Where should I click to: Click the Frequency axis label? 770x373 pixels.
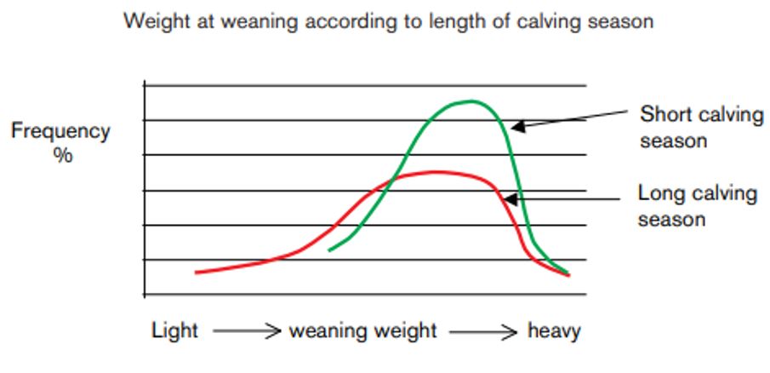point(60,132)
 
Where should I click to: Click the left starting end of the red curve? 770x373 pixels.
point(197,273)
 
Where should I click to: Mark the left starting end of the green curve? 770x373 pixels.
point(330,250)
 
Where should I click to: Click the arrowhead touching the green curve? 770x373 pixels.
point(516,127)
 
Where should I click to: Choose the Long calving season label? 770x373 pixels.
point(697,206)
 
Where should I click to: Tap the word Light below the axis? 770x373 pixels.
point(174,330)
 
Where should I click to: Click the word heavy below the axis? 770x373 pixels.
point(554,330)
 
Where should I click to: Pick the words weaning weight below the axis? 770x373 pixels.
point(363,330)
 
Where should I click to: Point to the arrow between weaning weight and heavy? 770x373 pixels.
point(483,331)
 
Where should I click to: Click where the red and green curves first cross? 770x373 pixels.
point(394,179)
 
